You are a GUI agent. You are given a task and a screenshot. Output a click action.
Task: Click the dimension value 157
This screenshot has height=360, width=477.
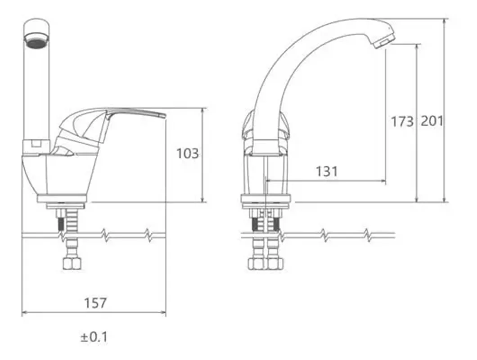pyautogui.click(x=95, y=303)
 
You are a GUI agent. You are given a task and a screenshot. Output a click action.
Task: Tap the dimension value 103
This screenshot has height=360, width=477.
pyautogui.click(x=188, y=153)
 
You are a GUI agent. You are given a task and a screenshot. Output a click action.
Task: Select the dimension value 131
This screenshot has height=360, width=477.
pyautogui.click(x=327, y=171)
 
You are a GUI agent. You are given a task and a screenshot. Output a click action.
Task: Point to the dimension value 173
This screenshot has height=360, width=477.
pyautogui.click(x=402, y=121)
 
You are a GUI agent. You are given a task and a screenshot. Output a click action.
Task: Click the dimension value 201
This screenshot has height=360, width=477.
pyautogui.click(x=432, y=121)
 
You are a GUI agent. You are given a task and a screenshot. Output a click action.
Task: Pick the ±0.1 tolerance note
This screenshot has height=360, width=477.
pyautogui.click(x=94, y=337)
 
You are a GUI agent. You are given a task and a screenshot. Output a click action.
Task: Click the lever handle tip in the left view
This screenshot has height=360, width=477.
pyautogui.click(x=164, y=116)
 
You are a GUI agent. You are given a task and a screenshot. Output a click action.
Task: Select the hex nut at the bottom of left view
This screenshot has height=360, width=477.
pyautogui.click(x=72, y=264)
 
